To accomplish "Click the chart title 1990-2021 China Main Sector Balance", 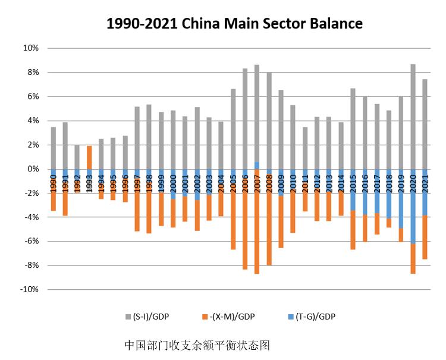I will [234, 24].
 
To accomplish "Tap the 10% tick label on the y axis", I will [31, 48].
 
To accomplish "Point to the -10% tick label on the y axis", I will [29, 290].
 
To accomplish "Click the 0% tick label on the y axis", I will [33, 169].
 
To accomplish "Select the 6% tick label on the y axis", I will [33, 96].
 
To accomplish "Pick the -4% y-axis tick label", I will [31, 217].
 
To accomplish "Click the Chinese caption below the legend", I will [197, 345].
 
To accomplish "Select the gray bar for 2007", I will [257, 113].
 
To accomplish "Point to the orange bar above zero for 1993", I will [89, 157].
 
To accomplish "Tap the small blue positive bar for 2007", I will [257, 165].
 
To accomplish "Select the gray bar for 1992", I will [77, 157].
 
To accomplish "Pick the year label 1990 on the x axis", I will [54, 183].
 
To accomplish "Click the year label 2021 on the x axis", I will [425, 183].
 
